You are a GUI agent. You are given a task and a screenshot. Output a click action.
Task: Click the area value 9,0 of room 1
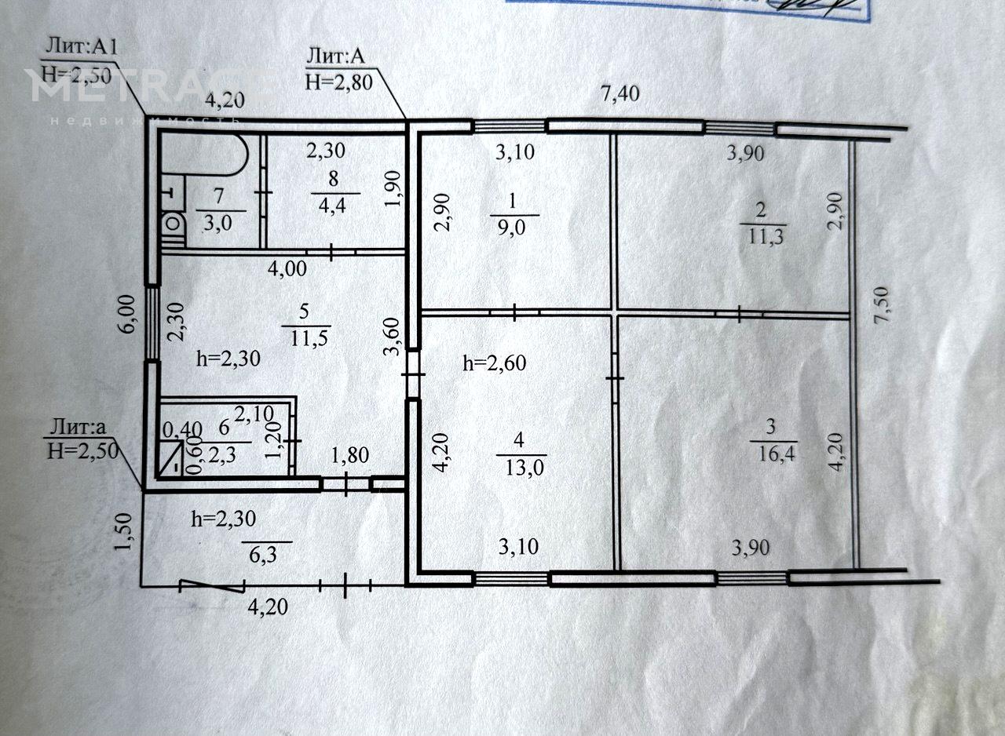511,228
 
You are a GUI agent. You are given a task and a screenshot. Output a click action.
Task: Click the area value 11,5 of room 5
309,338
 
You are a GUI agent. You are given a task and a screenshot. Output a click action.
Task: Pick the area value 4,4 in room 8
332,206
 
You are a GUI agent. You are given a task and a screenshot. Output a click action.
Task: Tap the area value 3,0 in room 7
218,223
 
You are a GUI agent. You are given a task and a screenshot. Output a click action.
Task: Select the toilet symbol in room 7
173,224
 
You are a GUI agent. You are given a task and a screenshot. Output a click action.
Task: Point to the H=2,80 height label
338,82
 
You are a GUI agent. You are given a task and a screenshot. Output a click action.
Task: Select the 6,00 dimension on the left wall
128,313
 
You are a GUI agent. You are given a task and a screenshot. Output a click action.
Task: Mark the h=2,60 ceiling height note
495,363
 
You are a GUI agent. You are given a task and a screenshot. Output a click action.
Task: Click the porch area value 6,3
263,556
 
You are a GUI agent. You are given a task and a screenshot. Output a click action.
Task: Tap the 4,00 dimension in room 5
287,269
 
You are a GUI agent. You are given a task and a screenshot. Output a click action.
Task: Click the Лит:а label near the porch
78,427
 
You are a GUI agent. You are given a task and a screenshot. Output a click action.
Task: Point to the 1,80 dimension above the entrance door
350,455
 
